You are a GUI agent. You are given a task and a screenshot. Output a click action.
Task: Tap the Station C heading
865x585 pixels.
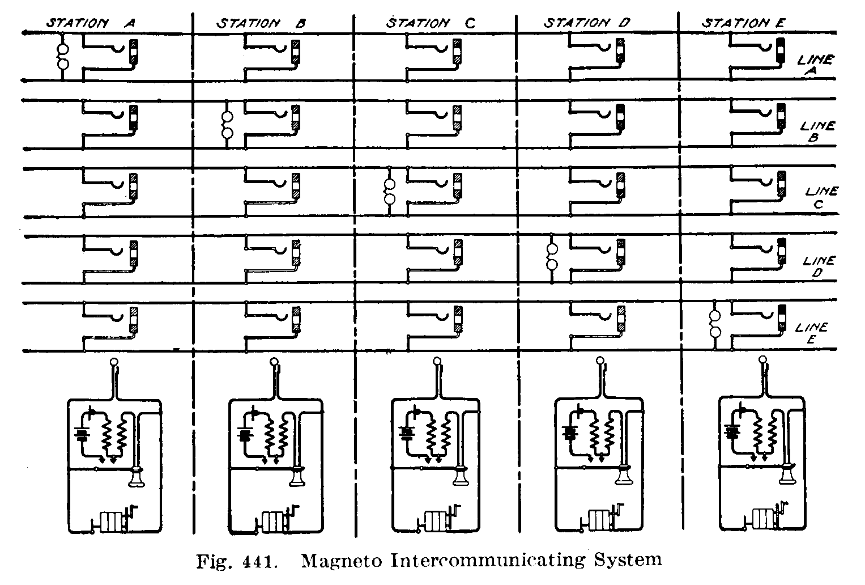(431, 23)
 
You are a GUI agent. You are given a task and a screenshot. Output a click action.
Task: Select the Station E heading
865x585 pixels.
(743, 23)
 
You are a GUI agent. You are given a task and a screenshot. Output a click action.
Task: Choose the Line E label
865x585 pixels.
(811, 333)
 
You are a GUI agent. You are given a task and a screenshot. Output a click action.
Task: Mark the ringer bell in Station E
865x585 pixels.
(715, 324)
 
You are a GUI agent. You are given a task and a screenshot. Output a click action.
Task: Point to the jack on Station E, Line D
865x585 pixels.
(782, 251)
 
